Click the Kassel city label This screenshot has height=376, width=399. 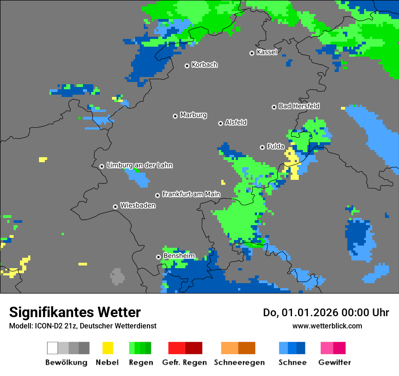[267, 52]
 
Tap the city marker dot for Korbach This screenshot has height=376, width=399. [187, 66]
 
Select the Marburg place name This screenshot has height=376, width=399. [193, 115]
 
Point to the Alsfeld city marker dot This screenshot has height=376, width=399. [220, 123]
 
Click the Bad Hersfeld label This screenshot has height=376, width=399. [299, 106]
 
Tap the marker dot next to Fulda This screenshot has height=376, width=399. [262, 147]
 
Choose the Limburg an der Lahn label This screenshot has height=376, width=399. [139, 165]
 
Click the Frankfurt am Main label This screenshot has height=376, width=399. [191, 194]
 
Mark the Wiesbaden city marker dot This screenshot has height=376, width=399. [116, 207]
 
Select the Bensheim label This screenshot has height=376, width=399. [179, 256]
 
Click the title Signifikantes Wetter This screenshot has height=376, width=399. [75, 313]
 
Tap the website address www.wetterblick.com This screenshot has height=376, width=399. [327, 326]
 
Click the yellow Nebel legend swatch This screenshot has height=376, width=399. [107, 348]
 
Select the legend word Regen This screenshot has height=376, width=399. [140, 362]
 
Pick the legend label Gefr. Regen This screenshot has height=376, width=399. [185, 362]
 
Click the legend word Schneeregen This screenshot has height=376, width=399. [238, 362]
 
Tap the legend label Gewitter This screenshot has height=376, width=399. [334, 362]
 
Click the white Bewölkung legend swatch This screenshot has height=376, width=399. [53, 348]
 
